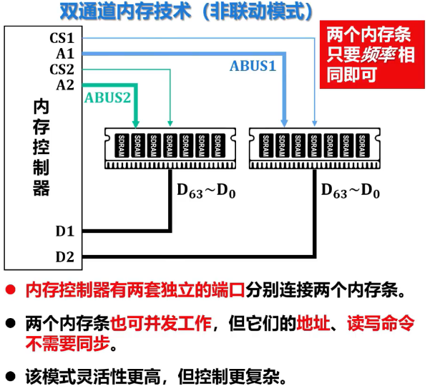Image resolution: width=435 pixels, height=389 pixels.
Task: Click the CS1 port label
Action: click(x=62, y=38)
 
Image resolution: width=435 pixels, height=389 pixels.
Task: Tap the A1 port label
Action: click(x=65, y=53)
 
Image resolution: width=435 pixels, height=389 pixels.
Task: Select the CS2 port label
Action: click(x=62, y=69)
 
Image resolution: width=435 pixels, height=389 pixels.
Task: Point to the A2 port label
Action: click(x=65, y=85)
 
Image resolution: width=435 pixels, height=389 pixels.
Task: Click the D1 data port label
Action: click(x=65, y=231)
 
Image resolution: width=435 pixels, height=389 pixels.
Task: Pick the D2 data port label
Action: click(x=65, y=256)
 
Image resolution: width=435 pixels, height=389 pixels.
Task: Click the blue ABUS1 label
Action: click(x=253, y=66)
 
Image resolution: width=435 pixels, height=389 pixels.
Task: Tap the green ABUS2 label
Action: click(x=108, y=97)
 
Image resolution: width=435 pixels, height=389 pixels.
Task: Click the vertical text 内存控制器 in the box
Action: click(x=42, y=148)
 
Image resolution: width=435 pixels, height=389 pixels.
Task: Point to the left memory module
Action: click(x=170, y=147)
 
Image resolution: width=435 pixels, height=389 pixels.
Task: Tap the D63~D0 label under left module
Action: click(x=206, y=191)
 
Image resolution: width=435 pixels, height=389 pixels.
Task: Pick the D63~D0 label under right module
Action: click(x=351, y=191)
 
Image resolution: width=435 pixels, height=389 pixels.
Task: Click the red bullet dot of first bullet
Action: click(x=10, y=290)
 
